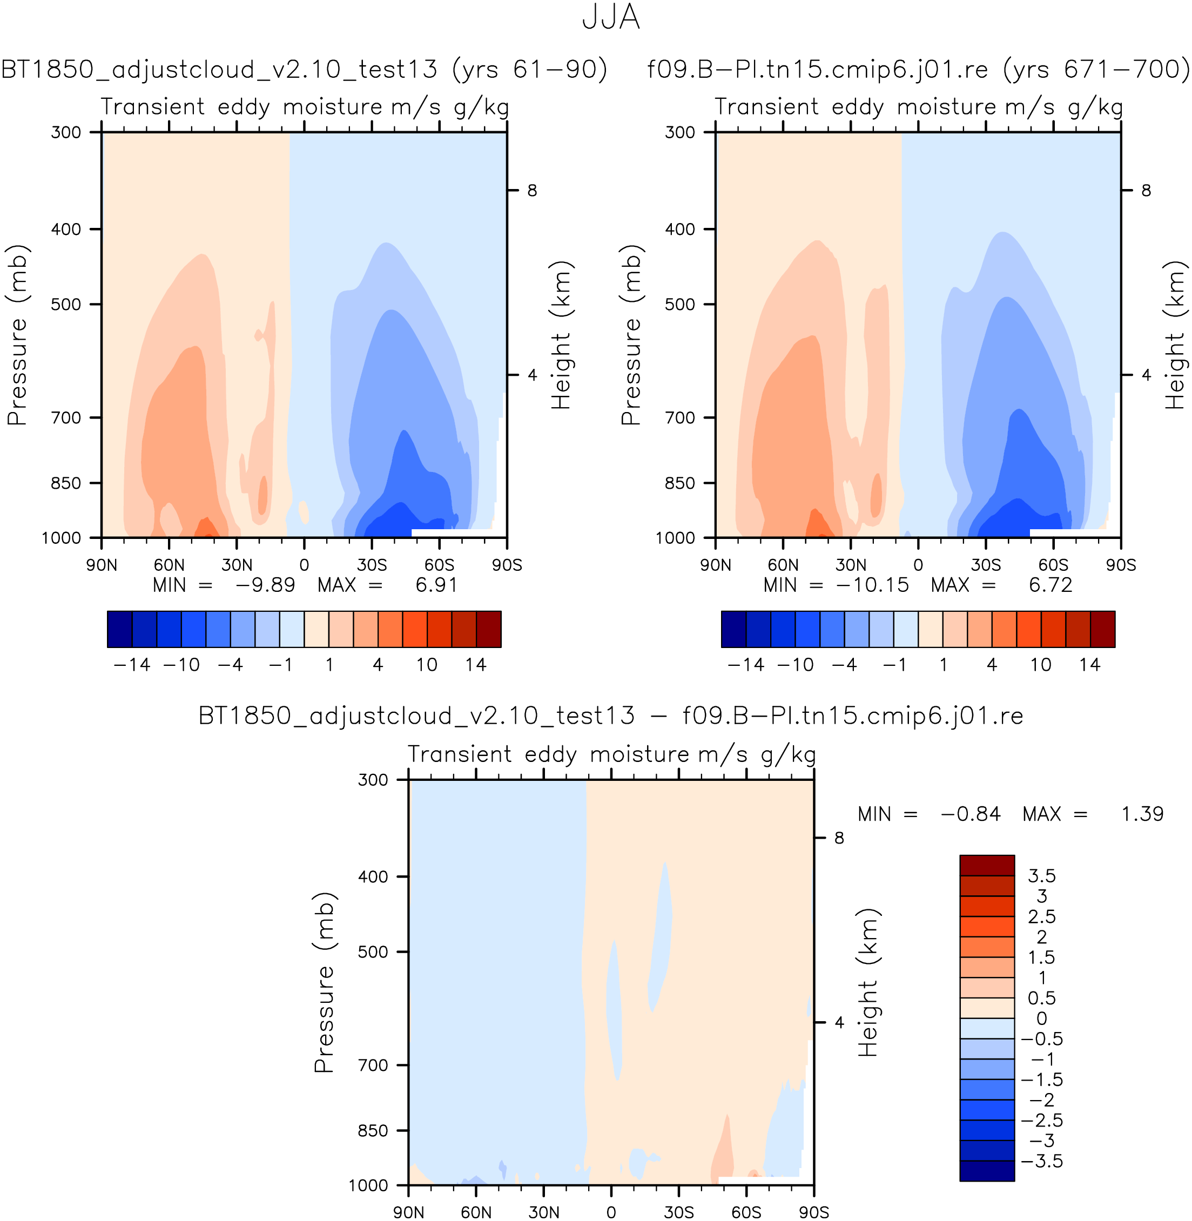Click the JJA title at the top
click(610, 17)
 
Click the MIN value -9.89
click(264, 585)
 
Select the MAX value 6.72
click(1050, 585)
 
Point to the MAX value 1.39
click(1142, 814)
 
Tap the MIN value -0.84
click(970, 814)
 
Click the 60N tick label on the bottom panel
click(476, 1213)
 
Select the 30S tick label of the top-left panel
click(372, 565)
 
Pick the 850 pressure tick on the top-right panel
click(680, 483)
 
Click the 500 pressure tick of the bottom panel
click(373, 952)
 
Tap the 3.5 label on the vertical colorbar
click(1042, 875)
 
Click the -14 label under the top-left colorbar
click(132, 665)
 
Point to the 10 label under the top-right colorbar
click(1040, 665)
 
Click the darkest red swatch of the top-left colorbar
click(488, 629)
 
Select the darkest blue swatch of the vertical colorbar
click(987, 1171)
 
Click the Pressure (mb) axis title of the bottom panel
click(324, 982)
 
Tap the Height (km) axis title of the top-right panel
click(1175, 335)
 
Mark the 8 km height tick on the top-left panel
click(531, 190)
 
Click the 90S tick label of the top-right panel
click(1121, 565)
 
